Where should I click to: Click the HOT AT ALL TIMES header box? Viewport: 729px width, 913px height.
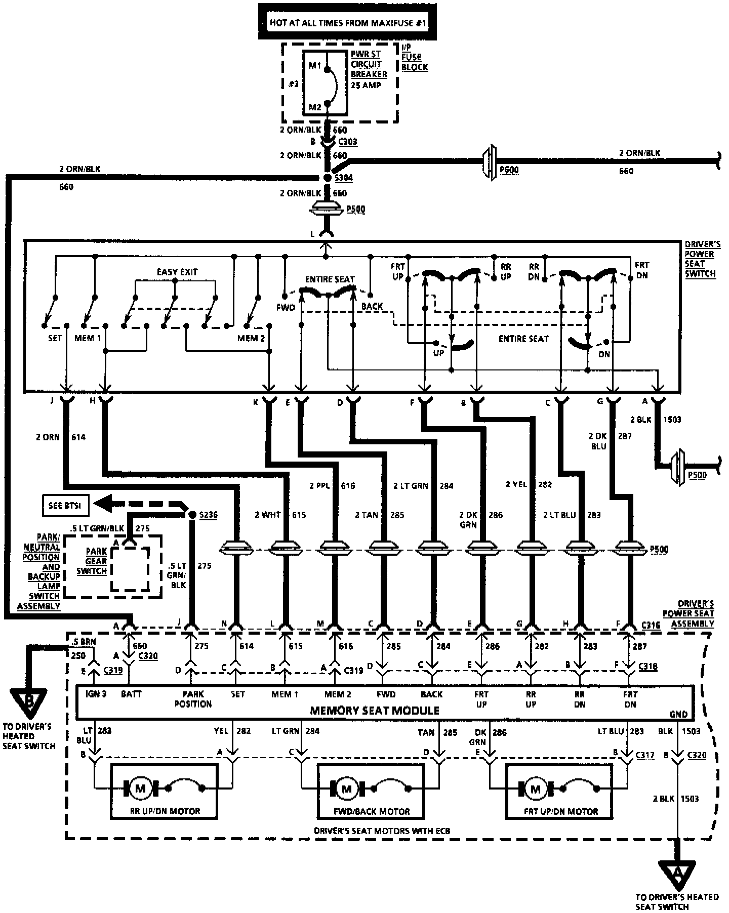(347, 22)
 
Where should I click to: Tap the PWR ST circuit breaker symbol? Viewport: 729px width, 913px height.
(326, 84)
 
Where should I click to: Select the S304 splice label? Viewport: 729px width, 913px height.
(344, 178)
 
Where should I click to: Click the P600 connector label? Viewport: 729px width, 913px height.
(509, 171)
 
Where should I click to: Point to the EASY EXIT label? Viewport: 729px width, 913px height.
(177, 272)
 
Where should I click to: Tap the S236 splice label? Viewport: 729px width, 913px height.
(208, 515)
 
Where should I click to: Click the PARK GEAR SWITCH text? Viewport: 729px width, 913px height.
(96, 561)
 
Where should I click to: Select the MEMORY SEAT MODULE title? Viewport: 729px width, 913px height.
(375, 711)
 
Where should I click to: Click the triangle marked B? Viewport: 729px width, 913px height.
(29, 701)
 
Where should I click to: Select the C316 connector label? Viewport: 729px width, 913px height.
(650, 626)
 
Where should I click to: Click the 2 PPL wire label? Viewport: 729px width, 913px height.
(320, 486)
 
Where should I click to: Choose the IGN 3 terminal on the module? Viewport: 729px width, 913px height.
(96, 694)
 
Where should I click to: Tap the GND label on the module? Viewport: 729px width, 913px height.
(678, 714)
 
